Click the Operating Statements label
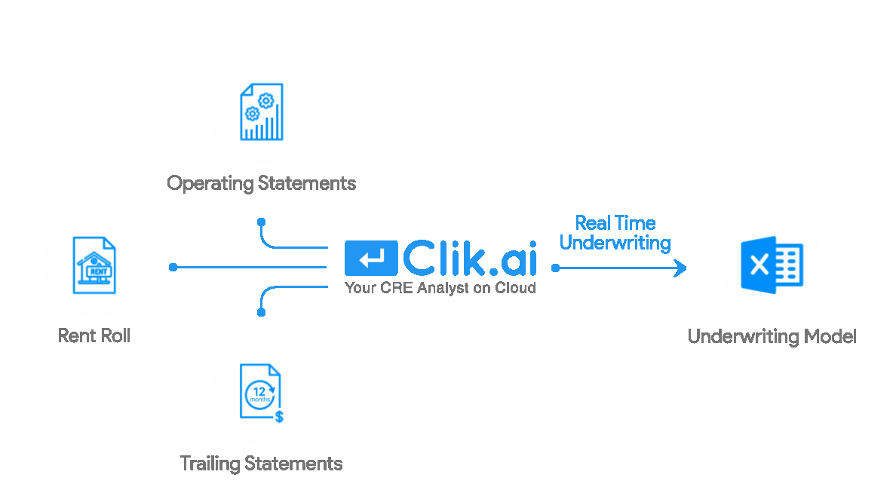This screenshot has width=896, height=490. click(x=261, y=183)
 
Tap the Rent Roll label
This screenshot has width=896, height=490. click(x=94, y=335)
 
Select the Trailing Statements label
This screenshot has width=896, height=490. click(x=261, y=463)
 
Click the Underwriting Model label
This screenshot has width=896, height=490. click(x=772, y=336)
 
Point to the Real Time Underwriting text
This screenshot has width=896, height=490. click(x=615, y=233)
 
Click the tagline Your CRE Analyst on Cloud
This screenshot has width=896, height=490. click(x=440, y=287)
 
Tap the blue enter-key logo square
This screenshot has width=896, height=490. click(x=371, y=259)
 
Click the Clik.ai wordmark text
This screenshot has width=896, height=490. click(x=470, y=259)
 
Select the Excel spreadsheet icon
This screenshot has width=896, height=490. click(x=772, y=265)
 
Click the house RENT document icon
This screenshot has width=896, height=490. click(x=95, y=265)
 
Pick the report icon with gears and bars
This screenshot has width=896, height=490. click(x=261, y=112)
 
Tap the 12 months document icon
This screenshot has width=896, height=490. click(x=261, y=392)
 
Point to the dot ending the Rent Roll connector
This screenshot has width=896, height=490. click(x=173, y=267)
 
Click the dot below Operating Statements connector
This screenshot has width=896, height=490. click(x=261, y=222)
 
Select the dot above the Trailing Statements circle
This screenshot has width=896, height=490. click(x=261, y=311)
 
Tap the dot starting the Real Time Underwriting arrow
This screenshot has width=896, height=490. click(x=555, y=268)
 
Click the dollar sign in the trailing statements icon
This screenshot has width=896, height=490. click(x=279, y=416)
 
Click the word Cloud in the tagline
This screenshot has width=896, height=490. click(x=517, y=287)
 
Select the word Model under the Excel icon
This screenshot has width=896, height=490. click(x=830, y=336)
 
